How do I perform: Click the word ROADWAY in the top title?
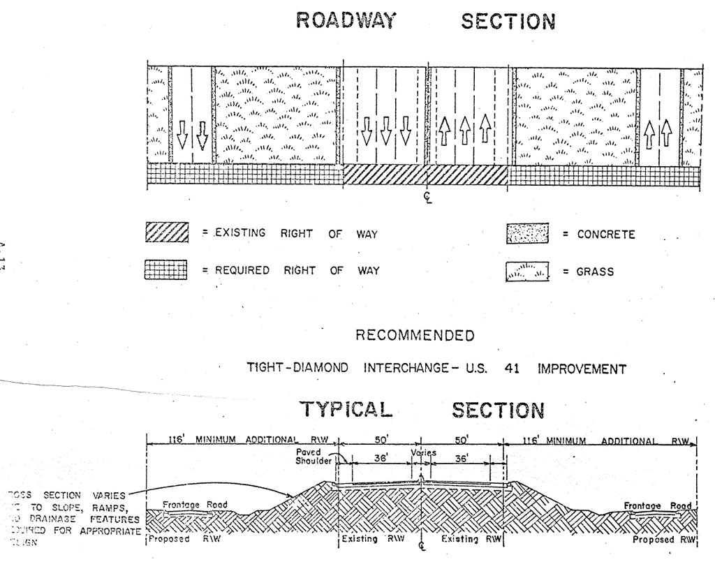346,21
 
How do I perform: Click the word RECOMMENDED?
415,336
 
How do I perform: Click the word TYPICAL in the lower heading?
346,410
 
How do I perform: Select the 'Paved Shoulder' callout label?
309,457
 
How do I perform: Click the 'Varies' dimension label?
423,452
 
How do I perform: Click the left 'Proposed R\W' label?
180,540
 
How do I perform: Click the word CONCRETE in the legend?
606,235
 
